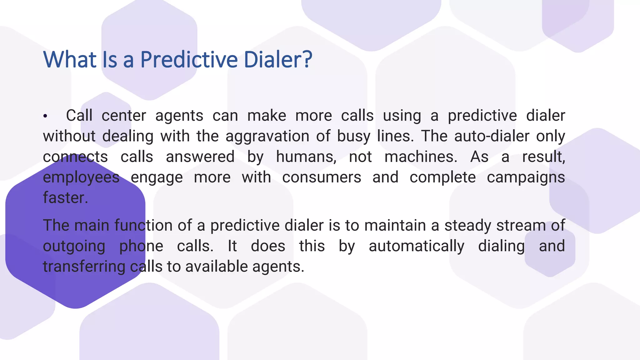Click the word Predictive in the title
(x=189, y=59)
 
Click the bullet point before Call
(x=45, y=116)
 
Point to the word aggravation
(x=267, y=137)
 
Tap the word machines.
(x=421, y=157)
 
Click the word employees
(x=81, y=177)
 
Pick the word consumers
(x=322, y=177)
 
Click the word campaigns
(x=526, y=177)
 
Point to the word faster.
(x=65, y=198)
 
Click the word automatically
(x=416, y=246)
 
